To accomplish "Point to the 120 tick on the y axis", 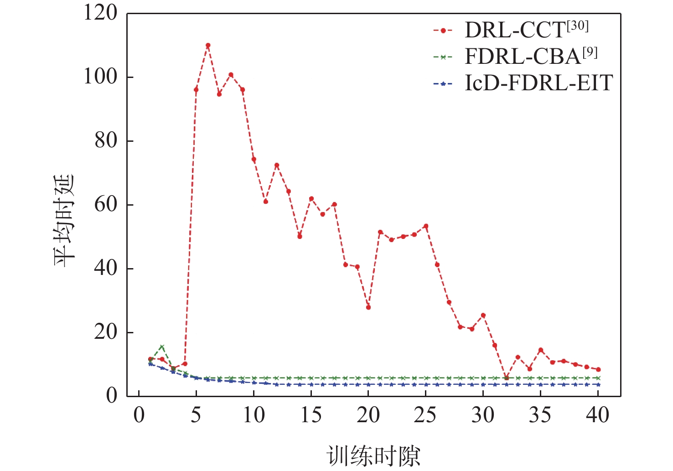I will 100,13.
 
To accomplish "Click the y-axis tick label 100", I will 100,77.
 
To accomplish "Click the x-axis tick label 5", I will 196,415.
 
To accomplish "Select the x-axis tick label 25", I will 425,415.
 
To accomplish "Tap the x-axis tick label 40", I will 598,415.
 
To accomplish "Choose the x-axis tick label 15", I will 311,415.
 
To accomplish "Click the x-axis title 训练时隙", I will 373,455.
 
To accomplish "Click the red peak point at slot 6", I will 208,45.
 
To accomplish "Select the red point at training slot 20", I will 368,307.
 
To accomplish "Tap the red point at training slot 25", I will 426,226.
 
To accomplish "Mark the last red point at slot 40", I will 598,369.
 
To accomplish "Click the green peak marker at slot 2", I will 162,347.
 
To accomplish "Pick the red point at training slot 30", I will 483,315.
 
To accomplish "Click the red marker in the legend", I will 442,31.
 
